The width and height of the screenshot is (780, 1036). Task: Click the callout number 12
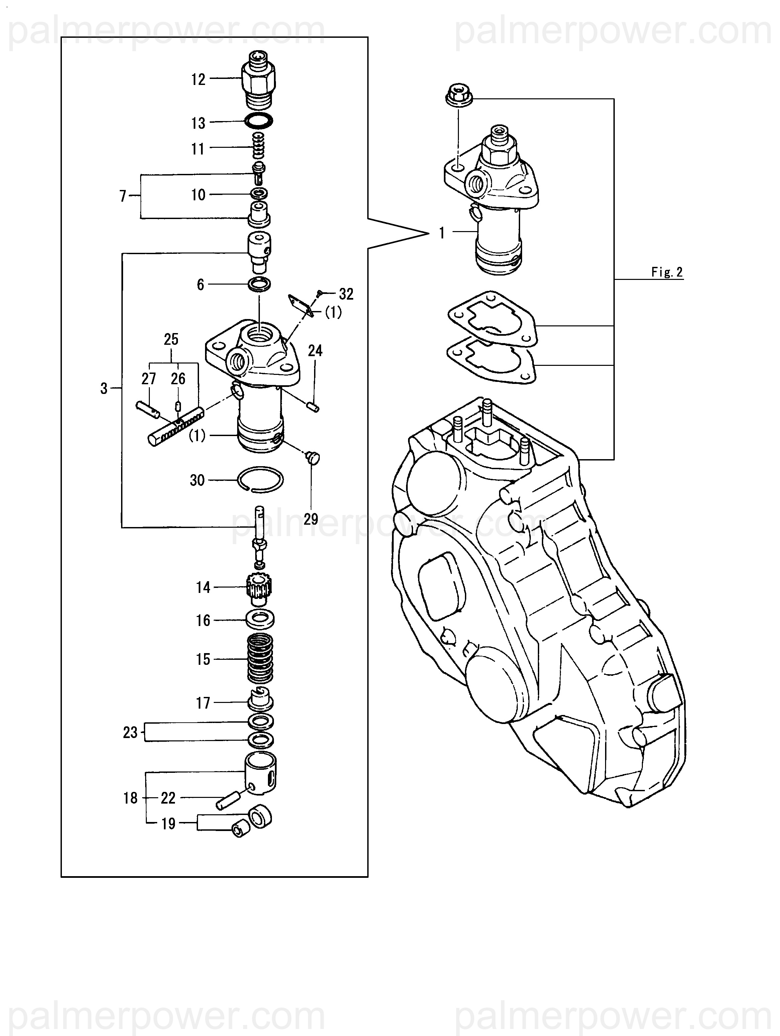(198, 80)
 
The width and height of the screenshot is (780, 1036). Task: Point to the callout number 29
(311, 519)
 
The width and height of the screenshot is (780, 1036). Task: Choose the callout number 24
(315, 350)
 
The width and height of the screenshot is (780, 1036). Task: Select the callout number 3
(104, 388)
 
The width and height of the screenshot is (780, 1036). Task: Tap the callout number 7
(123, 196)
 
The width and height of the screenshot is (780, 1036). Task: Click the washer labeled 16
(260, 619)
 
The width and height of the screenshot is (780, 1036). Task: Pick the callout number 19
(168, 823)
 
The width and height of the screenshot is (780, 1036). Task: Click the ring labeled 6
(259, 284)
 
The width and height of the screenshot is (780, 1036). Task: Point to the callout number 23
(130, 732)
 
